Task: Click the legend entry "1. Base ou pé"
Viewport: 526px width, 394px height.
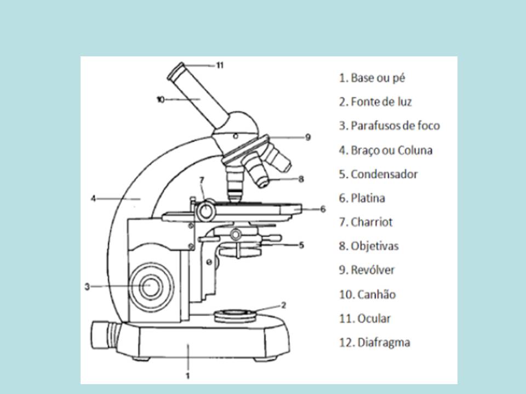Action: click(x=372, y=78)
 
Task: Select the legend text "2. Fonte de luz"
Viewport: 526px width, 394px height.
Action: click(x=375, y=102)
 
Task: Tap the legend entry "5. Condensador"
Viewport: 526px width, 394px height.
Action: click(x=378, y=174)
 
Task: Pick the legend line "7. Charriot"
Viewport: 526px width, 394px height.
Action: click(x=365, y=222)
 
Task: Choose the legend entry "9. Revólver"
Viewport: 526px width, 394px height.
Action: click(x=367, y=270)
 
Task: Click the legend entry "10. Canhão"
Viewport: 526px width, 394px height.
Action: click(x=367, y=294)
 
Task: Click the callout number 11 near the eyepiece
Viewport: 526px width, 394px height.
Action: click(x=220, y=65)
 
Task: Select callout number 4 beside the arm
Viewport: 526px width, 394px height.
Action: click(x=93, y=199)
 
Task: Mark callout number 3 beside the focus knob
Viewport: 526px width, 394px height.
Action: click(x=87, y=286)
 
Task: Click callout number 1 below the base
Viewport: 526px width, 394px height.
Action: click(x=187, y=375)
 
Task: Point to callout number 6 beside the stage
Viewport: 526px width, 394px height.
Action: click(x=323, y=208)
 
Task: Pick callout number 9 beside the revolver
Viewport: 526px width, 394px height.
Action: click(x=308, y=137)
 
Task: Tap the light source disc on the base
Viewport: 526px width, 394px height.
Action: click(x=236, y=315)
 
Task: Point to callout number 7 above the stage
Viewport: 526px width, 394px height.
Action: click(x=201, y=179)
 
